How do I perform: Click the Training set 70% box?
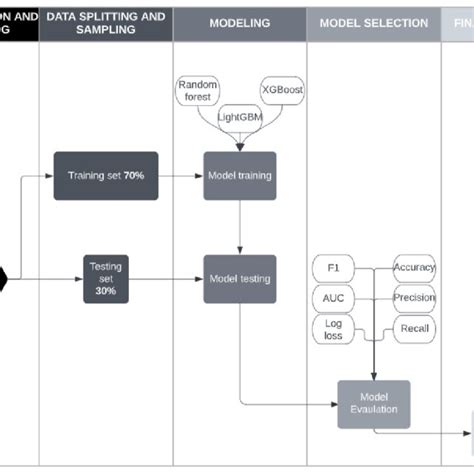pyautogui.click(x=106, y=175)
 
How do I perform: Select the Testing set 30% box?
pyautogui.click(x=106, y=277)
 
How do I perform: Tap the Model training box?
pyautogui.click(x=240, y=175)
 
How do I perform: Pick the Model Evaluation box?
pyautogui.click(x=373, y=402)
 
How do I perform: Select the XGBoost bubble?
pyautogui.click(x=283, y=90)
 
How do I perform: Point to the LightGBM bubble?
pyautogui.click(x=240, y=116)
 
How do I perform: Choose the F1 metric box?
pyautogui.click(x=333, y=268)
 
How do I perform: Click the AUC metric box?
pyautogui.click(x=333, y=298)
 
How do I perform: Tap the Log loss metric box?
pyautogui.click(x=333, y=329)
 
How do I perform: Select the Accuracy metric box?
pyautogui.click(x=414, y=267)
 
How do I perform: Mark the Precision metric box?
pyautogui.click(x=414, y=297)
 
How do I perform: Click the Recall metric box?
pyautogui.click(x=414, y=327)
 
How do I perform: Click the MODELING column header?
pyautogui.click(x=240, y=23)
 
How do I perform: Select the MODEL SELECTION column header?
pyautogui.click(x=373, y=23)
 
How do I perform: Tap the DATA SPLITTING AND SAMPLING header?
pyautogui.click(x=106, y=23)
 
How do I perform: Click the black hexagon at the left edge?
pyautogui.click(x=3, y=277)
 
